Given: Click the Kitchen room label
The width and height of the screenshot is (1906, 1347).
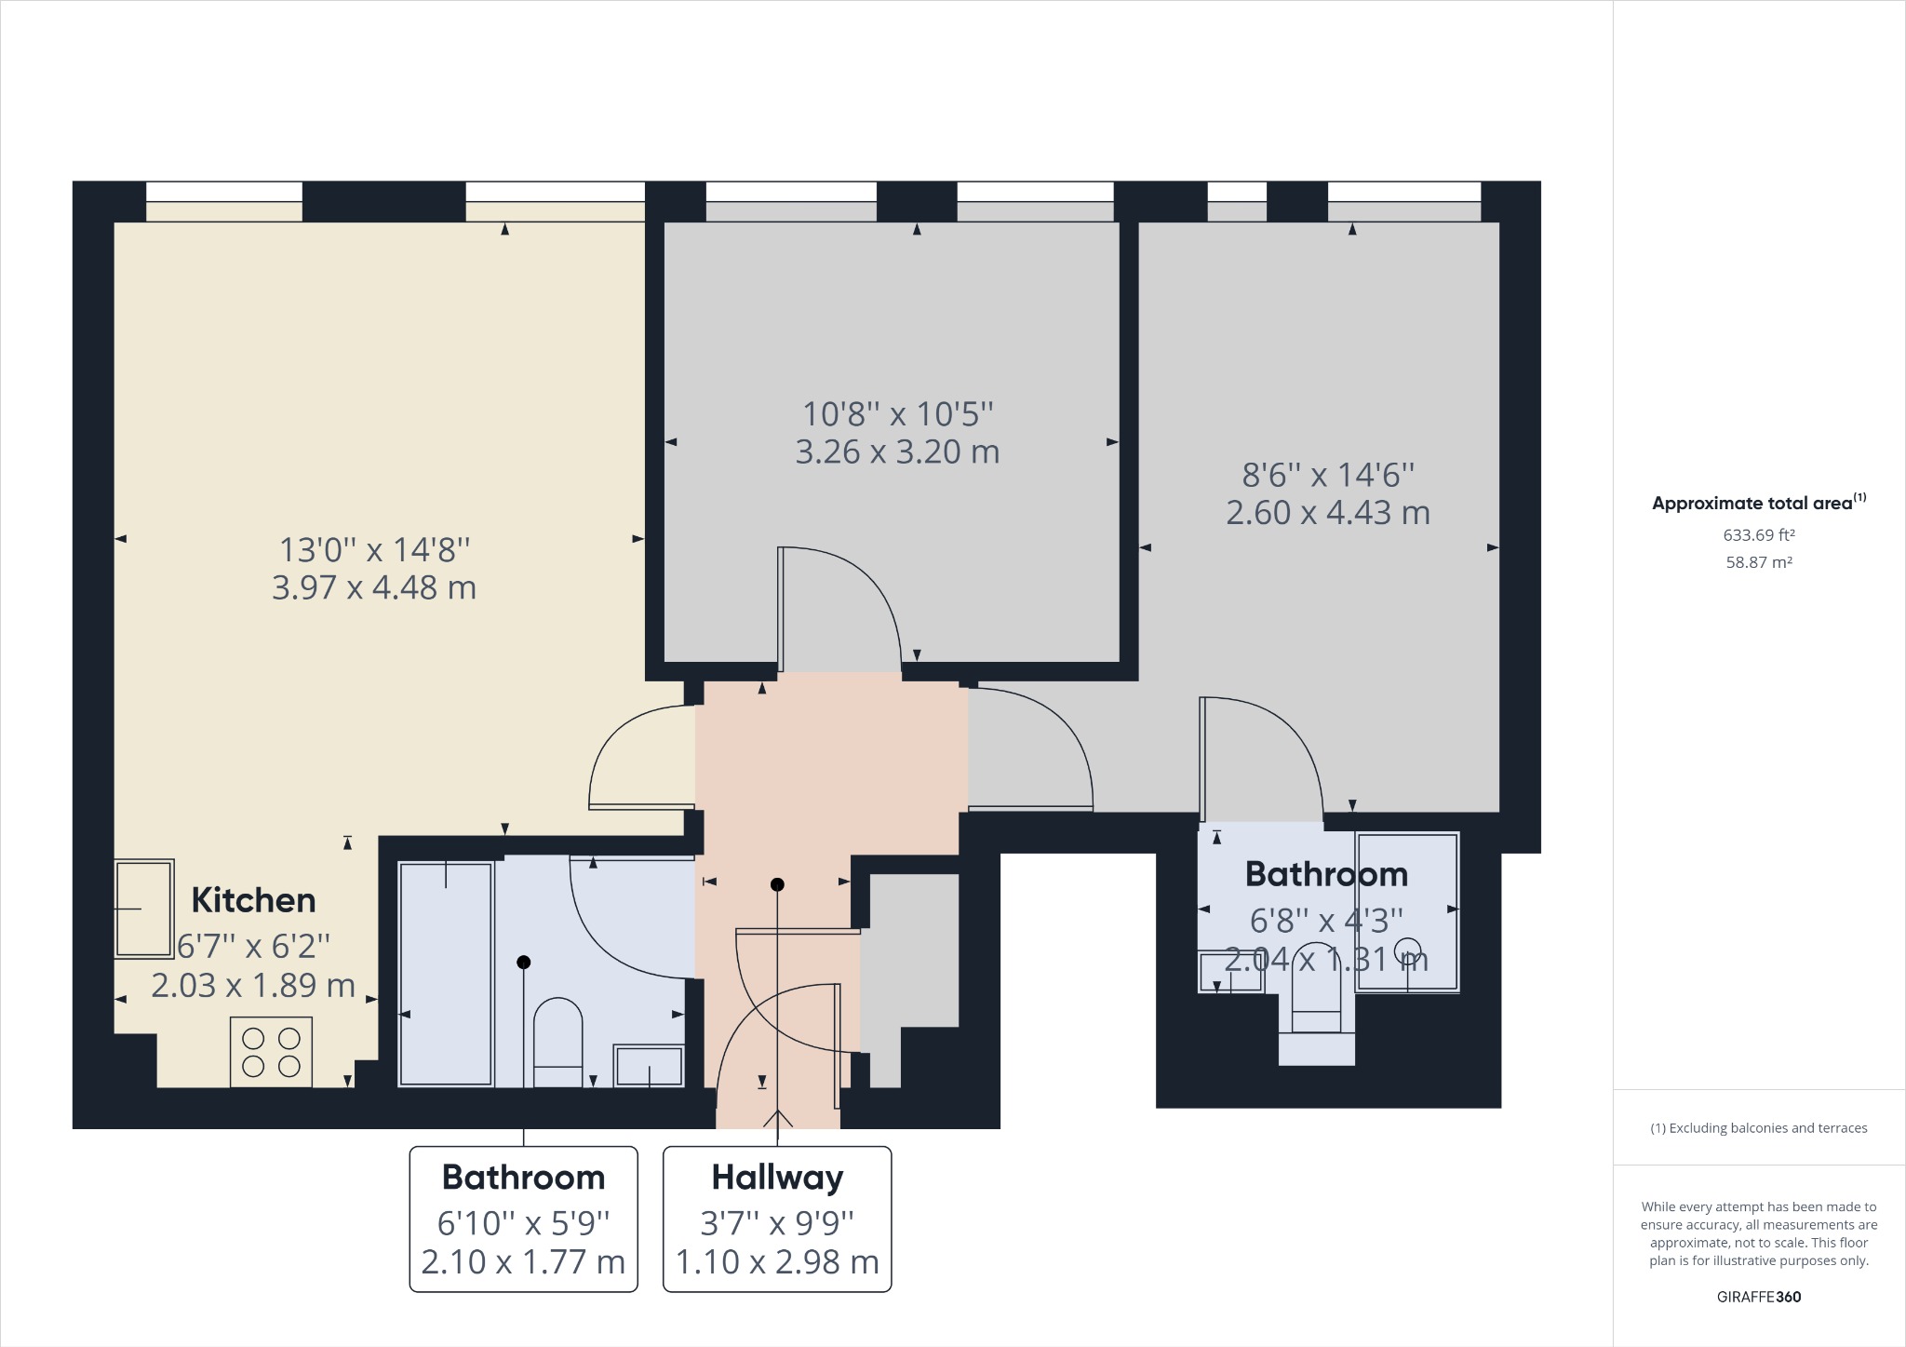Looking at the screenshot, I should [253, 900].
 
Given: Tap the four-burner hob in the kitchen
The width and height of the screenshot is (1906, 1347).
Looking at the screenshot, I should [271, 1052].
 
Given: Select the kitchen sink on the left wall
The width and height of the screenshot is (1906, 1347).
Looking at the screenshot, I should [143, 909].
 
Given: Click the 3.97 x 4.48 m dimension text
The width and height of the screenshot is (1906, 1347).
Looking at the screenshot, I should [373, 587].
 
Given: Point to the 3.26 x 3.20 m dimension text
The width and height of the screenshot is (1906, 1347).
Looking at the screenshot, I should [897, 451].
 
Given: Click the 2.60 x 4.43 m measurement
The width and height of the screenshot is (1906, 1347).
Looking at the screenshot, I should [1327, 512].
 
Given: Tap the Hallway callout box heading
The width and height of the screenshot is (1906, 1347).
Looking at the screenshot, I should [777, 1178].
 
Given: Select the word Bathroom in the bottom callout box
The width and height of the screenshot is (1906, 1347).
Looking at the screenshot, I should [523, 1178].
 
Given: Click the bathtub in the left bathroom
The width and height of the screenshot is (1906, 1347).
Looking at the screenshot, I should [446, 974].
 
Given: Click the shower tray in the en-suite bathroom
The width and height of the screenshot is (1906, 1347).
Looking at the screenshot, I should [1406, 911].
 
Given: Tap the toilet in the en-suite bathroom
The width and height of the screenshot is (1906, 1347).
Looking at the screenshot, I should [1317, 996].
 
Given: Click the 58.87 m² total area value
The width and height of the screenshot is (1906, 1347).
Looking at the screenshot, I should [1758, 562].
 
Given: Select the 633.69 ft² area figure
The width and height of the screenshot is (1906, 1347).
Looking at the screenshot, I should [1758, 535].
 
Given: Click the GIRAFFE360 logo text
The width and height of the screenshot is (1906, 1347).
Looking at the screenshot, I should [1758, 1297].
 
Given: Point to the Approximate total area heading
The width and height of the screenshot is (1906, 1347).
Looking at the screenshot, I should [1752, 504].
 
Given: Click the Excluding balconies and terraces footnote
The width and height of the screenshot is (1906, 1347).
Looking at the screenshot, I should [1758, 1128].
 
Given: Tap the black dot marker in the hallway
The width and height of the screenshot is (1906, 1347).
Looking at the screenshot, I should [777, 884].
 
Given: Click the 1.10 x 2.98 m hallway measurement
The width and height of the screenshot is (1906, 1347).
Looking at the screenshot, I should [777, 1262].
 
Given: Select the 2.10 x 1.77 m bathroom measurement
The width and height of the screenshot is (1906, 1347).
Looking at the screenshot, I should [523, 1262].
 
